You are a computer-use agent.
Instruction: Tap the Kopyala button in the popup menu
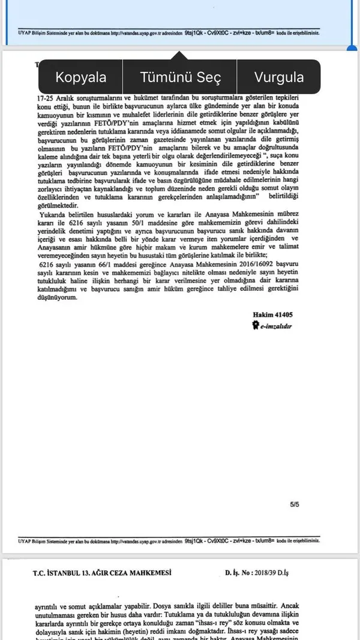81,77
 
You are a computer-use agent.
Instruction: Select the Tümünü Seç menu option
181,77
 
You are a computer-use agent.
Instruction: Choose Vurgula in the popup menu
278,77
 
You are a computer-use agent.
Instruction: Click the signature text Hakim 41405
272,314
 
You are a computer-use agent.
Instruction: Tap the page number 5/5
294,505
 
